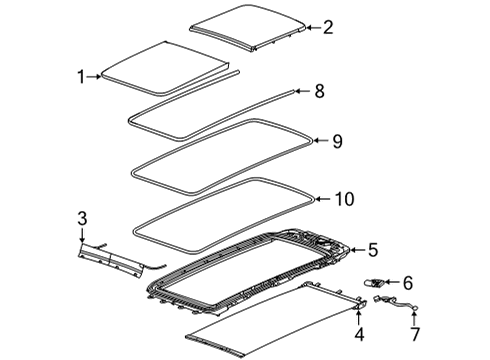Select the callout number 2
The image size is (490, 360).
coord(327,28)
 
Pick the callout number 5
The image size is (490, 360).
coord(372,250)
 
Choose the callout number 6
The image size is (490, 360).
coord(406,284)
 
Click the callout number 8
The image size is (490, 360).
coord(319,91)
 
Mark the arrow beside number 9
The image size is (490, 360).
coord(317,141)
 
